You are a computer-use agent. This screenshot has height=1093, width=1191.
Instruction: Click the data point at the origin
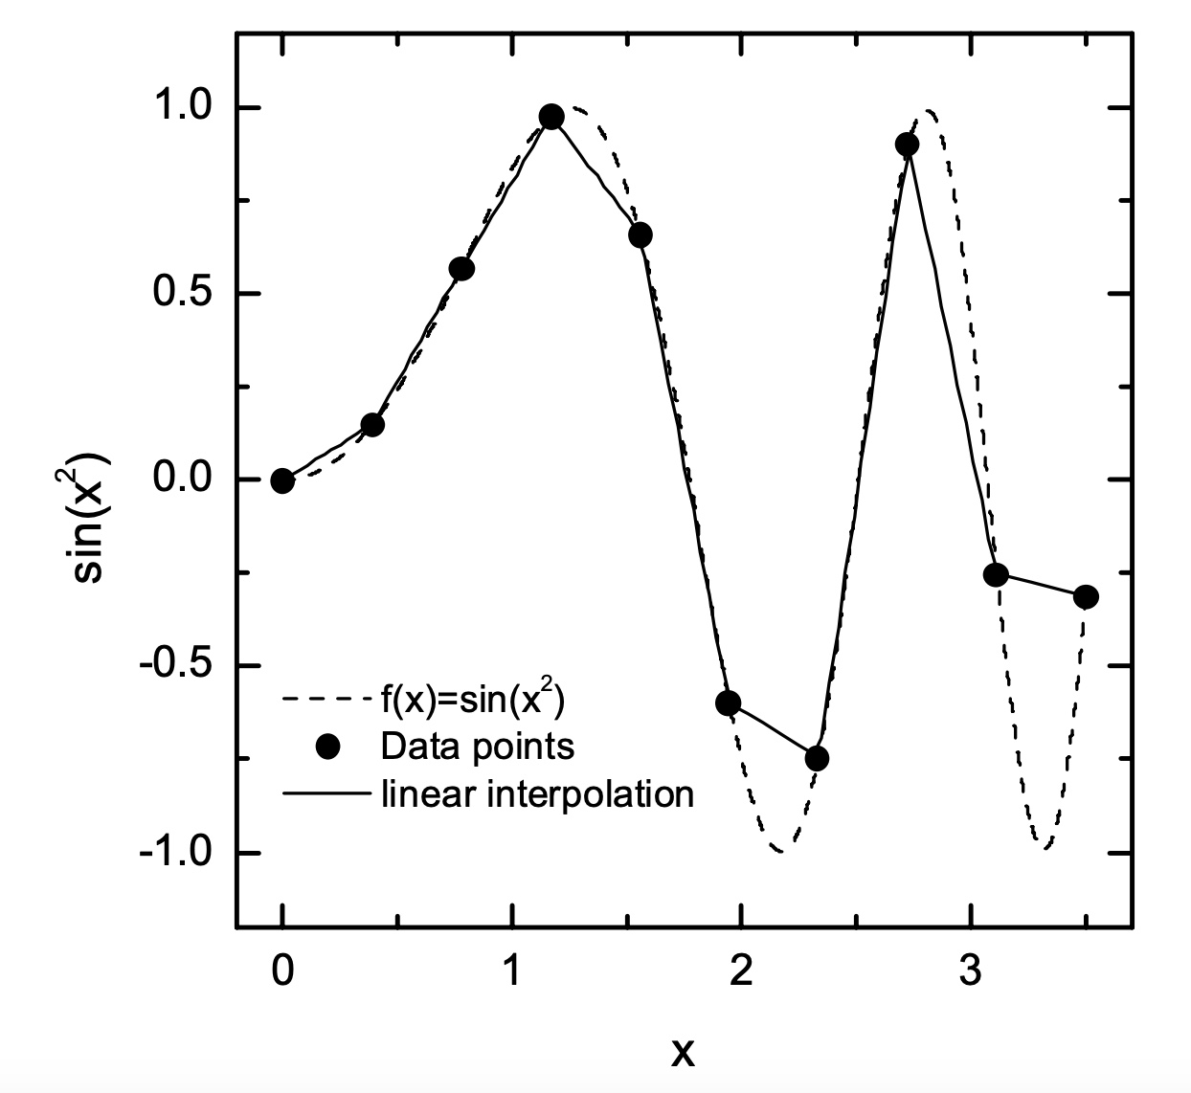(x=281, y=480)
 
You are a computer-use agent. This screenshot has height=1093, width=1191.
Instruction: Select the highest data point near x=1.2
(x=551, y=117)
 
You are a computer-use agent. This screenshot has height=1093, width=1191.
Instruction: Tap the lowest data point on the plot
(x=817, y=758)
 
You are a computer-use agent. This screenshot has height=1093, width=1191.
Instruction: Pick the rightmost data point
(x=1086, y=596)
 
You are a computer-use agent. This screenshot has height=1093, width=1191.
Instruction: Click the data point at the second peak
(x=907, y=145)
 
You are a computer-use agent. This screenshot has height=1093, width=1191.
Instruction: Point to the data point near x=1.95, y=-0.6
(x=728, y=703)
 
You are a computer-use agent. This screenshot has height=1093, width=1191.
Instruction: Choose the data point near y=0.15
(x=372, y=424)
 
